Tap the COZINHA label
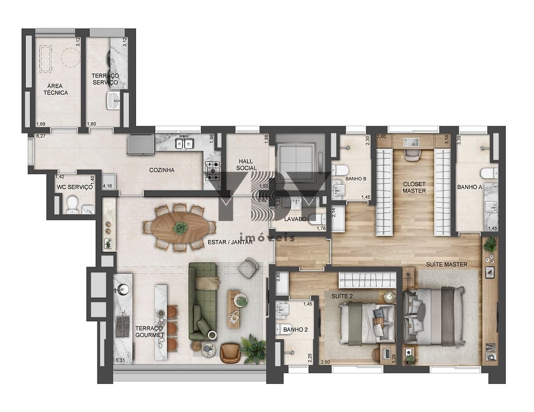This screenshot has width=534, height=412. click(x=162, y=170)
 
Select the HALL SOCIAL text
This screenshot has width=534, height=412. click(x=246, y=164)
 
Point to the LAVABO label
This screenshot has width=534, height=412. click(x=295, y=219)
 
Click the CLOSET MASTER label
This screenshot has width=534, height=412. click(x=414, y=187)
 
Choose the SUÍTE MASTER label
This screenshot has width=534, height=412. click(x=446, y=264)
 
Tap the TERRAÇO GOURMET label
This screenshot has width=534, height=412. click(x=150, y=332)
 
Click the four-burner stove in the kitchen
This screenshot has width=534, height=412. click(x=212, y=170)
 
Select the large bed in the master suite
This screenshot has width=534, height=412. click(x=433, y=317)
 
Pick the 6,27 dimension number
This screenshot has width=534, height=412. click(x=40, y=136)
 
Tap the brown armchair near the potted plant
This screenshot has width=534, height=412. click(x=230, y=353)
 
